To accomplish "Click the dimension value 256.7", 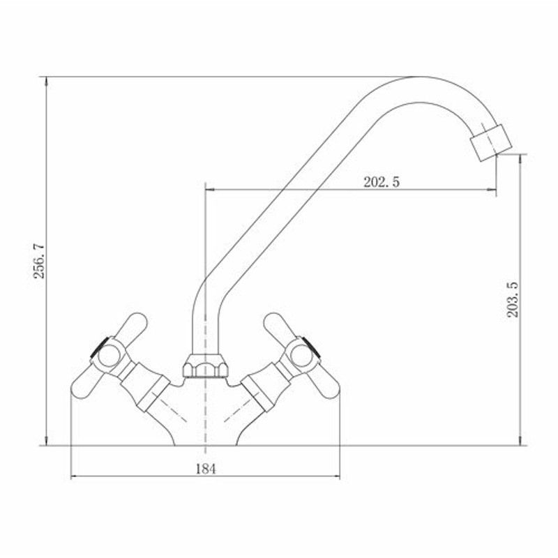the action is (x=39, y=261).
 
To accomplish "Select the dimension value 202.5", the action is (x=382, y=182).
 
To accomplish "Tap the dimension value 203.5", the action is (x=513, y=299).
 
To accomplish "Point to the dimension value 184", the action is (x=206, y=469).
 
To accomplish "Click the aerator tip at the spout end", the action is (x=491, y=142).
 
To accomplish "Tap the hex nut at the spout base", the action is (x=205, y=365).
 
